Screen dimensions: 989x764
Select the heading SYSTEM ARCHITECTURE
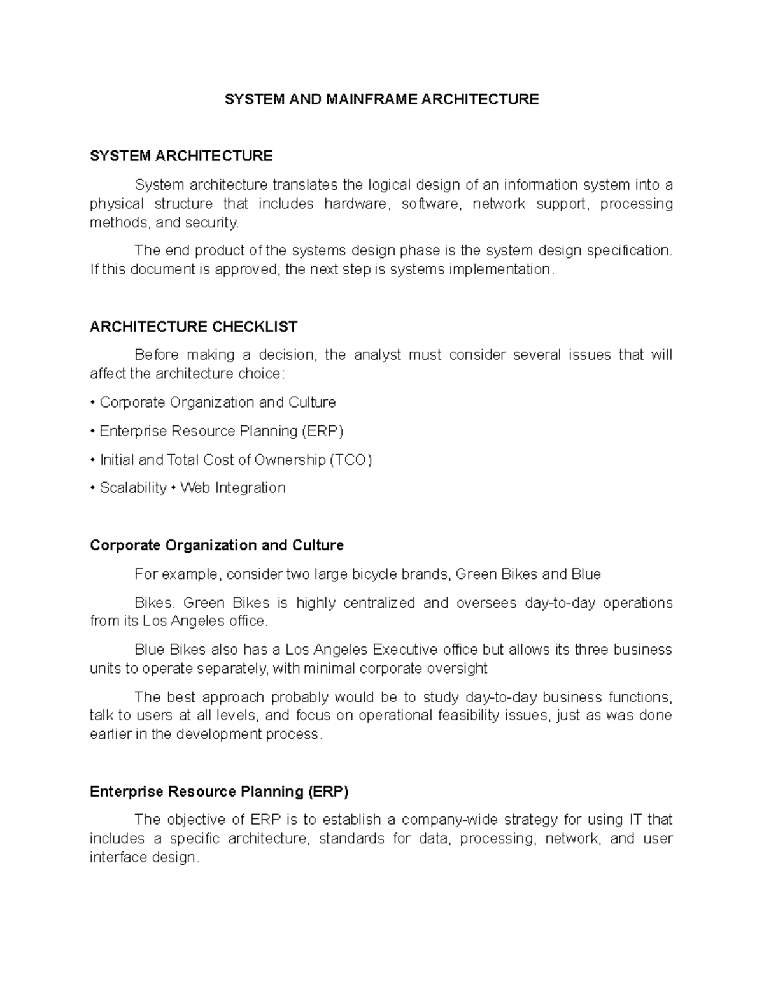point(181,156)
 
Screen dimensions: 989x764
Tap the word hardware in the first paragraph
point(355,204)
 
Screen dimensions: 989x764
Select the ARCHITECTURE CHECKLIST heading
point(194,327)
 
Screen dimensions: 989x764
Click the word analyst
point(378,355)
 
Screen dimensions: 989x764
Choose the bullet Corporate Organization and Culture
point(217,402)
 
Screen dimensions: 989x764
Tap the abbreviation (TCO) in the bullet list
point(350,460)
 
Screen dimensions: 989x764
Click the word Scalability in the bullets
point(133,488)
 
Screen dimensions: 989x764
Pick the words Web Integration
point(233,488)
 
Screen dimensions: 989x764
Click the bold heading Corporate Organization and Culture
point(216,545)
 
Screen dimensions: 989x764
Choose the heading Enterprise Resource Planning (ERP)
point(219,792)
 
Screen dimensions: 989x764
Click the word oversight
point(457,669)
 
